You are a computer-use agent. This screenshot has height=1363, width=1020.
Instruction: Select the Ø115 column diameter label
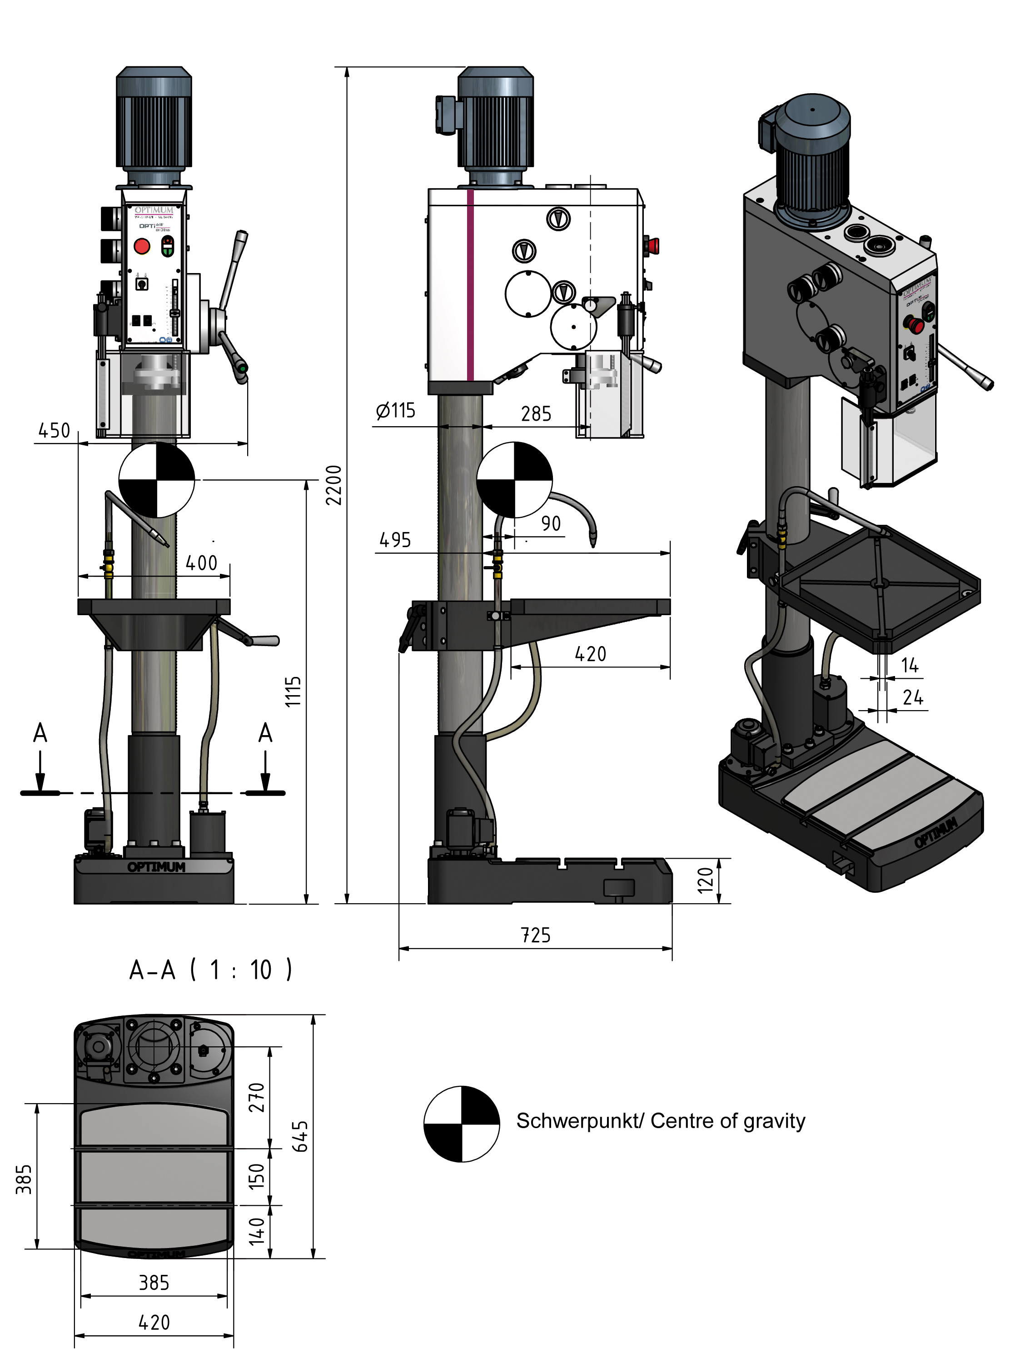[x=396, y=410]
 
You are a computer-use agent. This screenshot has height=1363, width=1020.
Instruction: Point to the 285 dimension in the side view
[x=536, y=413]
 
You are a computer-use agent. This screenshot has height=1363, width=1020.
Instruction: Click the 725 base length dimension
[x=536, y=935]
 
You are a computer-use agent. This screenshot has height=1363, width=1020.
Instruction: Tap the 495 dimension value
[x=395, y=540]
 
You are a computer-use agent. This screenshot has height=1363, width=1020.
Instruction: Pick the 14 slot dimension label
[x=910, y=666]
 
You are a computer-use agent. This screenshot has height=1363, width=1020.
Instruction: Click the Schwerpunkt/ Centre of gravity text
[x=661, y=1121]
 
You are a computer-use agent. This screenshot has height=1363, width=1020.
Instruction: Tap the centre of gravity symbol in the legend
[x=462, y=1124]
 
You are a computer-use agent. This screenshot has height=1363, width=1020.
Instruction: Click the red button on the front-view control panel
[x=142, y=246]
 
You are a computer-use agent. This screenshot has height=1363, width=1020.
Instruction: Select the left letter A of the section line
[x=40, y=733]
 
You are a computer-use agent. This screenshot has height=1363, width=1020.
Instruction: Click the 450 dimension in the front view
[x=54, y=430]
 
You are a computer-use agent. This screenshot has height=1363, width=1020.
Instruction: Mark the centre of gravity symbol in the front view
[x=157, y=479]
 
